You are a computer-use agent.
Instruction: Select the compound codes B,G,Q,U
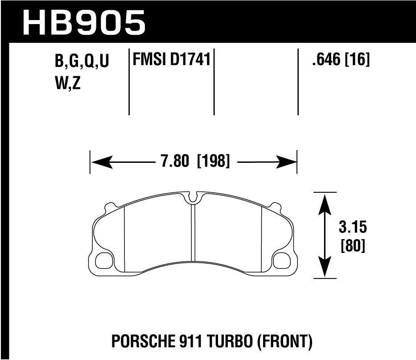tap(82, 62)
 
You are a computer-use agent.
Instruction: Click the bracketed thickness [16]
tap(357, 60)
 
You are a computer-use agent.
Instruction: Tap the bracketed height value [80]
tap(353, 246)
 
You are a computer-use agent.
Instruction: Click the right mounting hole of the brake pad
tap(281, 260)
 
